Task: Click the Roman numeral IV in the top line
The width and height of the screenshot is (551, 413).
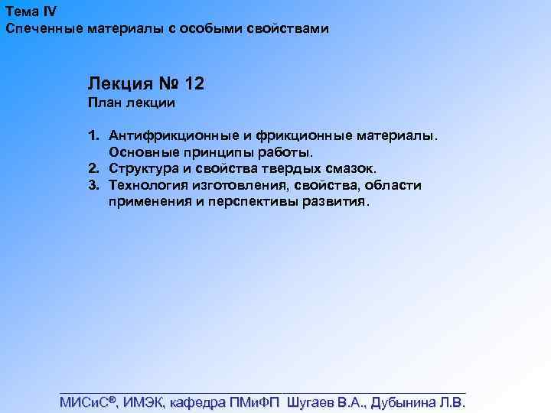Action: (x=48, y=11)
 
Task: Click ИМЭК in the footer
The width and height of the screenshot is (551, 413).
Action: (x=143, y=402)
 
